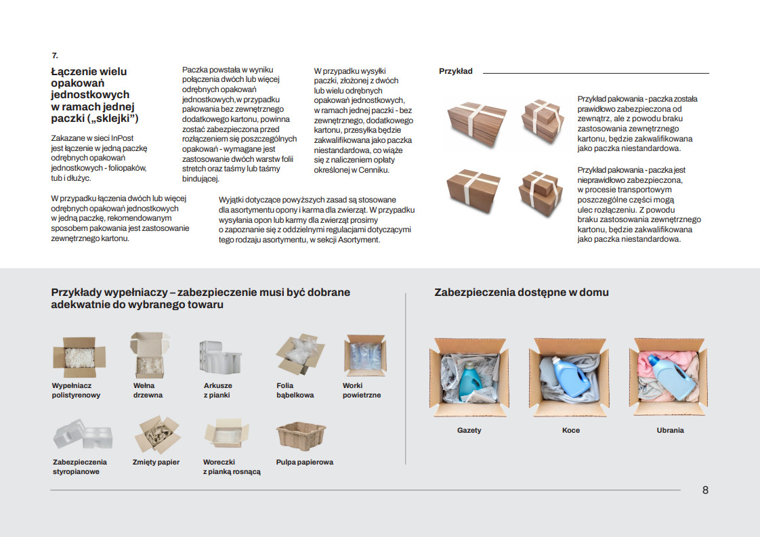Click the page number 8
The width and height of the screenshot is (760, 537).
(x=705, y=490)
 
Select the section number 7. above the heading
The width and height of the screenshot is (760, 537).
(x=55, y=56)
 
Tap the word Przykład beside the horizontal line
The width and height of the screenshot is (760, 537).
(x=456, y=71)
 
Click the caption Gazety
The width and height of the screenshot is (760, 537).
(x=469, y=430)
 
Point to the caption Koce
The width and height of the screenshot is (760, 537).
(x=570, y=430)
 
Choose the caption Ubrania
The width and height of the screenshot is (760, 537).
(x=670, y=430)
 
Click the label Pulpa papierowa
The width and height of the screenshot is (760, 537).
(x=304, y=462)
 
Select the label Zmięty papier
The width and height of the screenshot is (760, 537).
(x=156, y=462)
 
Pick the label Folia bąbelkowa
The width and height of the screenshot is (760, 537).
(x=295, y=390)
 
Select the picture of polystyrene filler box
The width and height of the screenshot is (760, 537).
(x=80, y=358)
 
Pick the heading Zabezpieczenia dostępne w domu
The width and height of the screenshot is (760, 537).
(x=521, y=293)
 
